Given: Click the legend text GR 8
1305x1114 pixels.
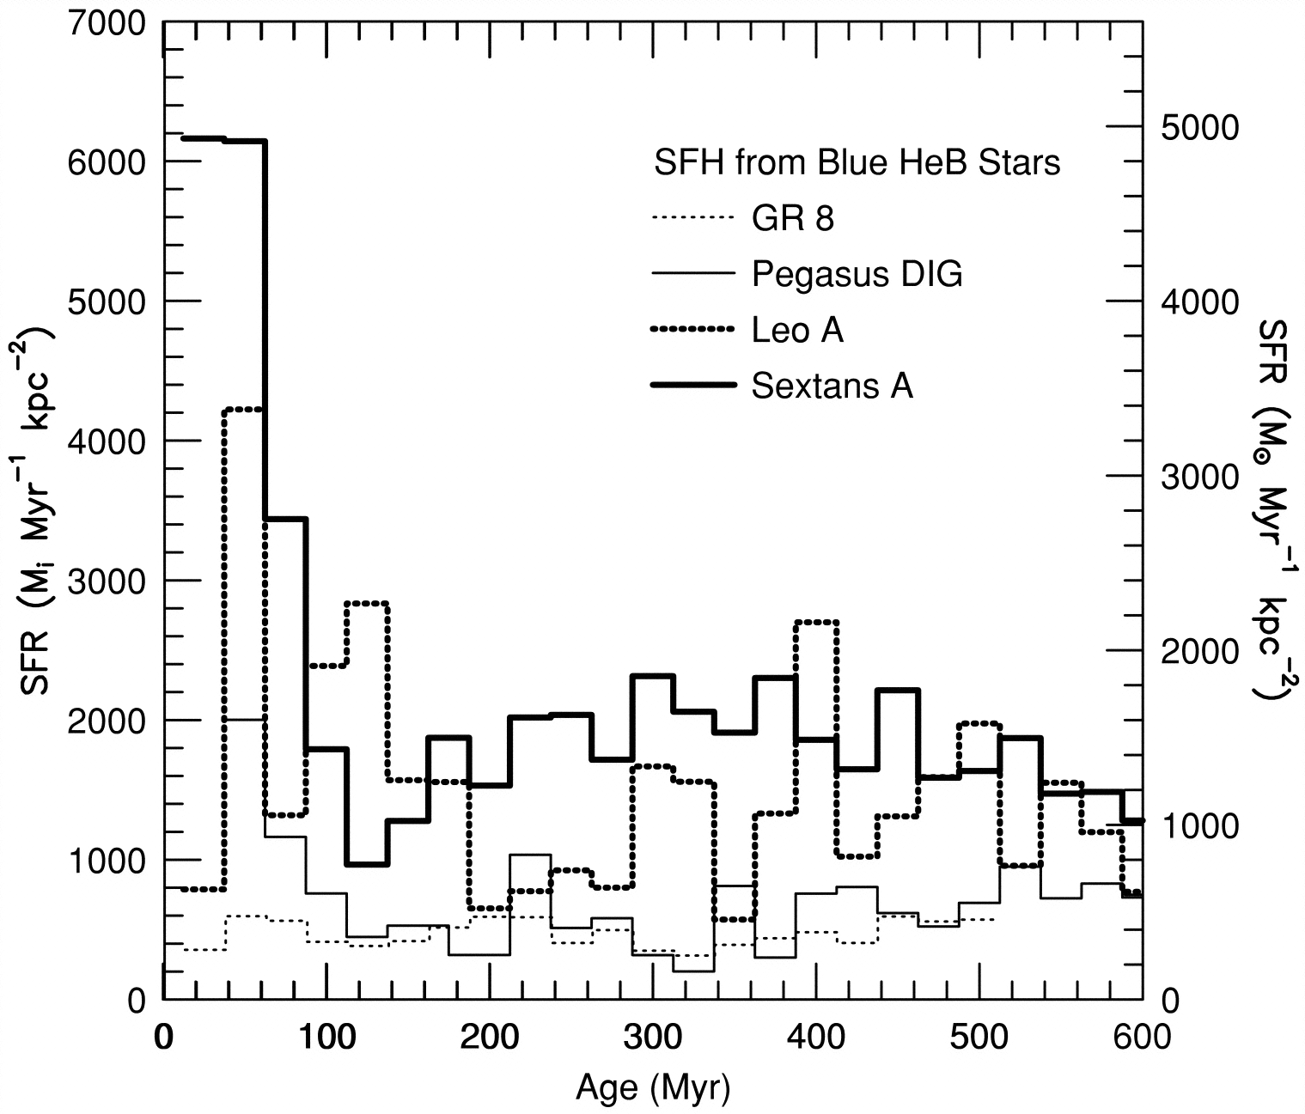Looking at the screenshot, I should (x=793, y=219).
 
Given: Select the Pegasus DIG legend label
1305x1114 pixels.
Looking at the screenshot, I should (x=857, y=275).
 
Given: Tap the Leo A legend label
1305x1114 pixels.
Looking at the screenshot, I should (x=797, y=330).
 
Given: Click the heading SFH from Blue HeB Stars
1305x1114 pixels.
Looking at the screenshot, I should (x=857, y=162).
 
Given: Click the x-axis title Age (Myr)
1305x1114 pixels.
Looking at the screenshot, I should (x=653, y=1088).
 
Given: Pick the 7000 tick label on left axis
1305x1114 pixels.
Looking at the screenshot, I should (x=107, y=23).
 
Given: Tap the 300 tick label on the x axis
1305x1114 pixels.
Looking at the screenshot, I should (x=653, y=1038).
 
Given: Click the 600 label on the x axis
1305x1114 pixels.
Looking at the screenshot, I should (x=1141, y=1038).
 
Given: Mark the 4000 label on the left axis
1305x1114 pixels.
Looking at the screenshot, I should (x=107, y=441).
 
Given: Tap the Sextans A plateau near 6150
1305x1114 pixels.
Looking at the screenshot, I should (x=223, y=140).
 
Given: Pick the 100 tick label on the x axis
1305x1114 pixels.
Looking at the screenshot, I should (x=327, y=1038).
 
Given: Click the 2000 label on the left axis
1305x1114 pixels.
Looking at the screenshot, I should (x=107, y=721).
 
